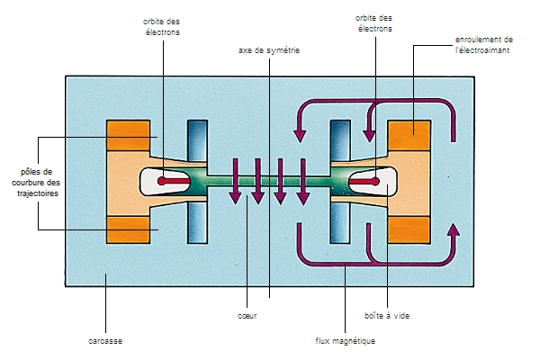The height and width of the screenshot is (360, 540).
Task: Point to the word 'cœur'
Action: pos(245,316)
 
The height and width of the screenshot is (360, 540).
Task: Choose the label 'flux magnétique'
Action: pos(345,341)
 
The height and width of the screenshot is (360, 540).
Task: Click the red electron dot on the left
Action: pos(162,182)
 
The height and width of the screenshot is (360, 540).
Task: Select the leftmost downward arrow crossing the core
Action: pos(235,180)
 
